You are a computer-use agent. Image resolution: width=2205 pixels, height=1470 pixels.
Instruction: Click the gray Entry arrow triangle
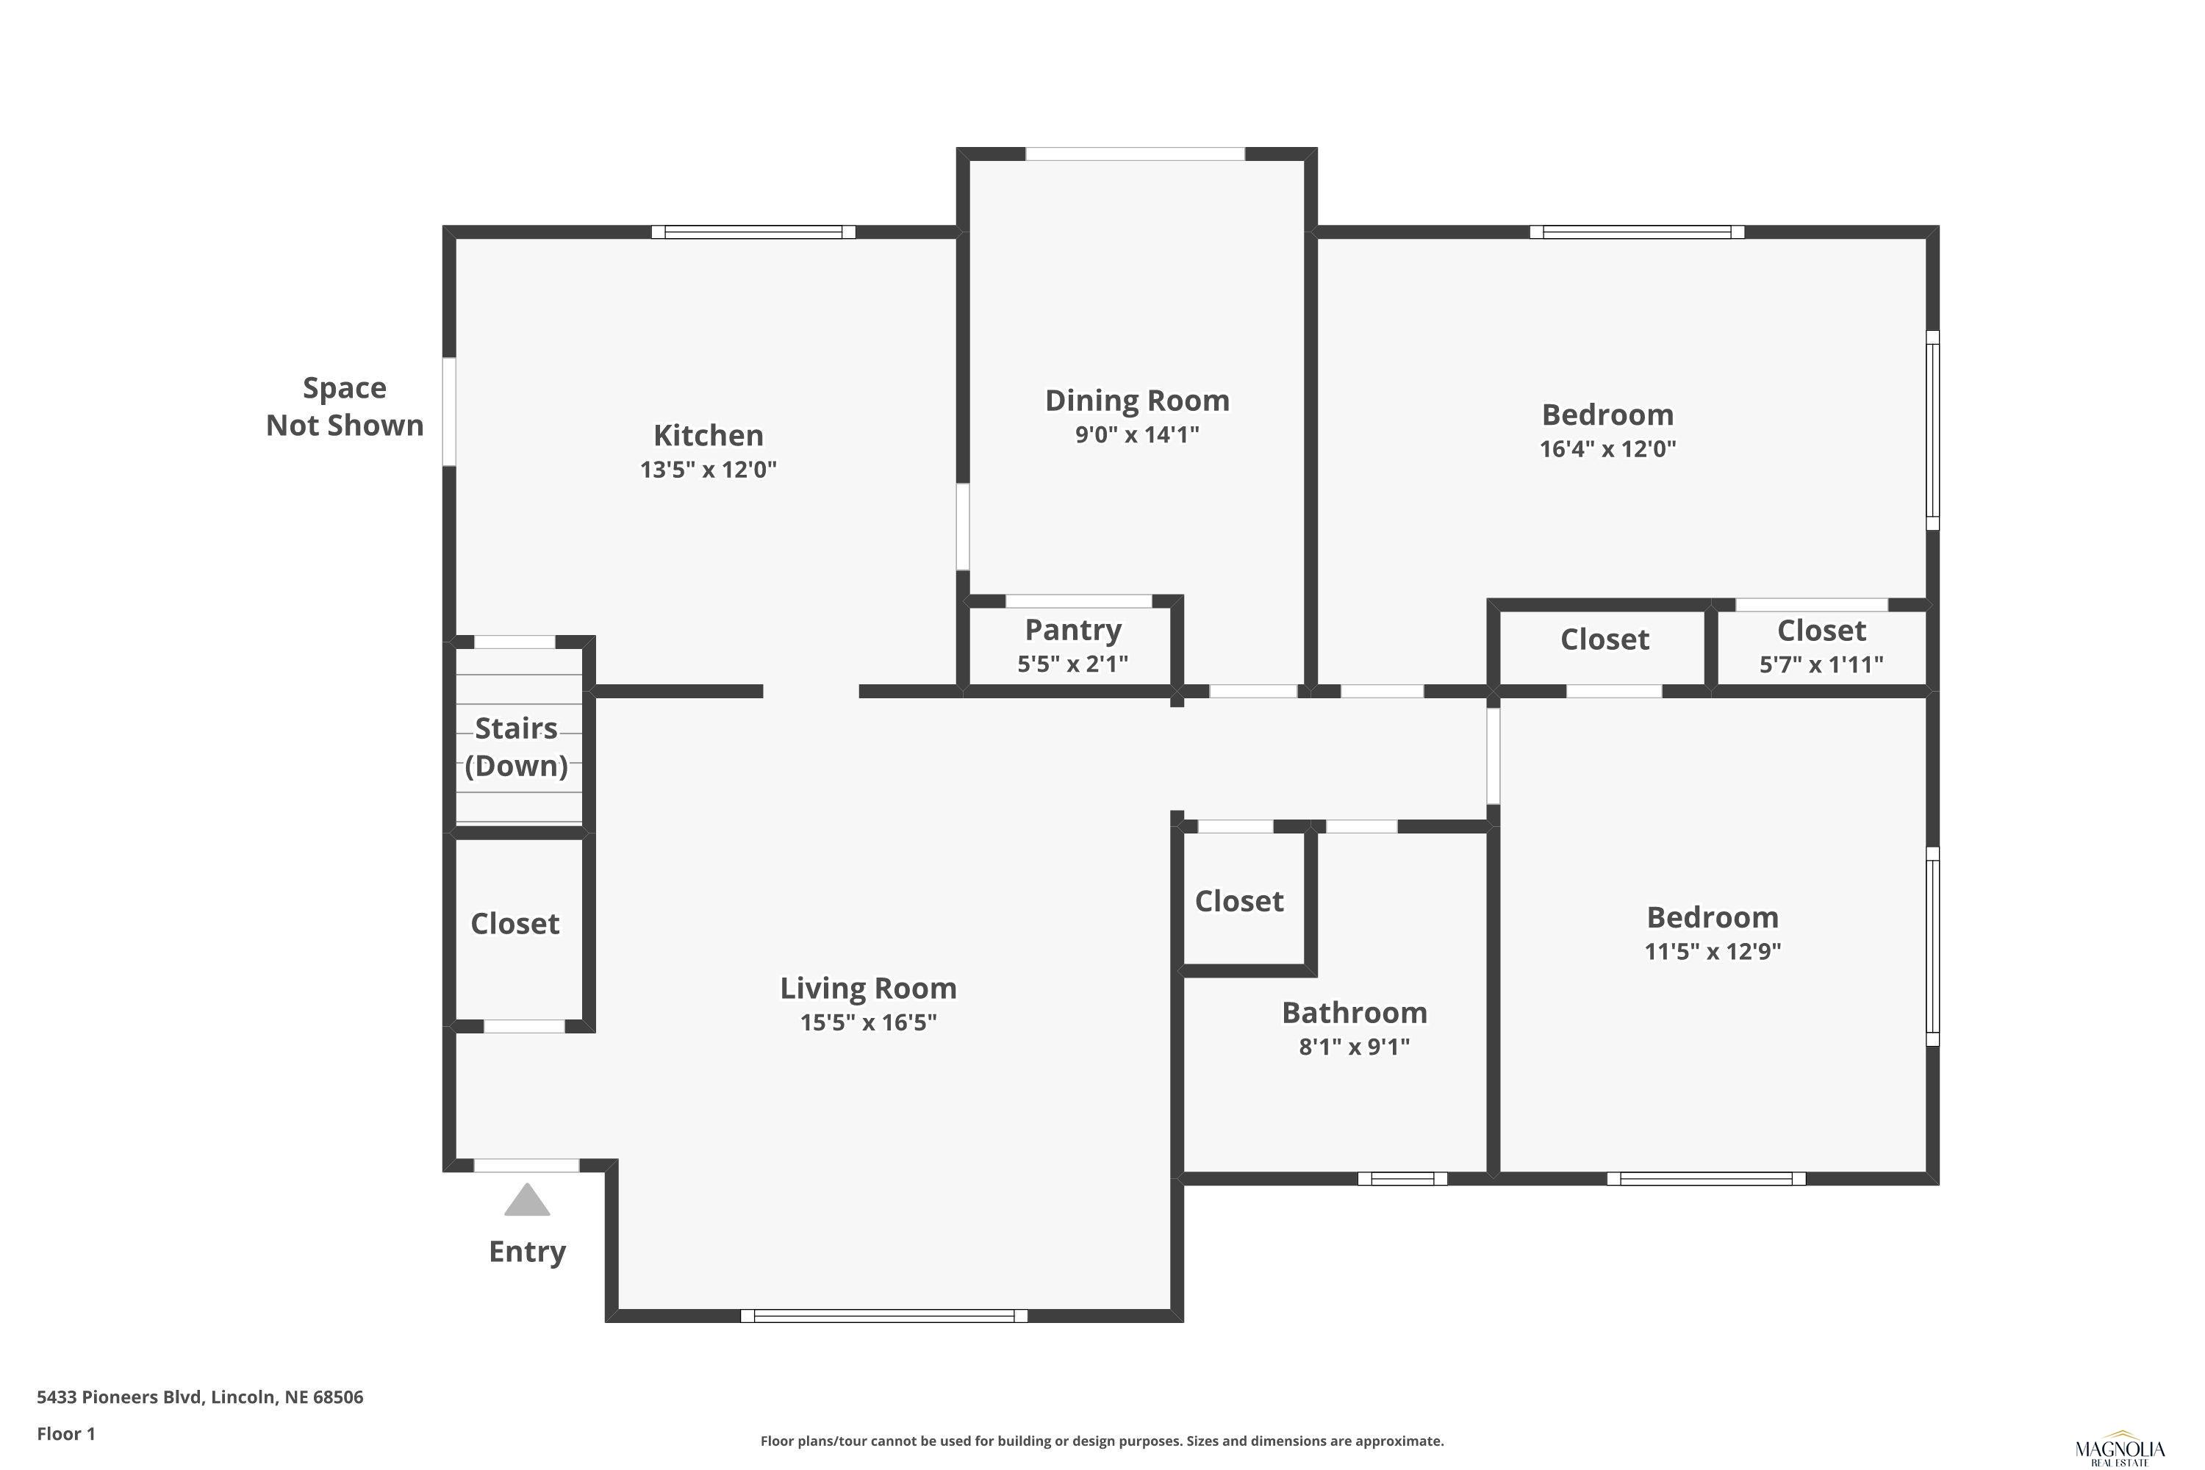(527, 1200)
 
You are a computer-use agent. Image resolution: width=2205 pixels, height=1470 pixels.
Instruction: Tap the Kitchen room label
(708, 435)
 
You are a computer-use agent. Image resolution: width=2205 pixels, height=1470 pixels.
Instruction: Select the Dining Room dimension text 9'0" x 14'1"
(1136, 434)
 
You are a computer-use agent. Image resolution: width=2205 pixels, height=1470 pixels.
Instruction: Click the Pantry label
(1072, 630)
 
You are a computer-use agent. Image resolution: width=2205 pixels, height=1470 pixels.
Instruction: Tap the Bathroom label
(1354, 1013)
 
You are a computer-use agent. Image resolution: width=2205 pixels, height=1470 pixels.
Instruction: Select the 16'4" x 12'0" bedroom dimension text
(1608, 448)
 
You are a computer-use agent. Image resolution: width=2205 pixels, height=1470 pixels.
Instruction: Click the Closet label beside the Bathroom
(1238, 901)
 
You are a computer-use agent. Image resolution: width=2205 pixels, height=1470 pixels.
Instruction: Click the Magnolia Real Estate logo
(2120, 1449)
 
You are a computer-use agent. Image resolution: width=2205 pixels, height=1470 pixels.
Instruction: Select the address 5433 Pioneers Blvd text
(119, 1397)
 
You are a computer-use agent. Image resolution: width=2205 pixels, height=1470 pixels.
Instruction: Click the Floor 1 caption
(65, 1433)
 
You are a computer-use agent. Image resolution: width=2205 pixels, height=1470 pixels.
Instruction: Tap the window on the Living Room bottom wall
(884, 1316)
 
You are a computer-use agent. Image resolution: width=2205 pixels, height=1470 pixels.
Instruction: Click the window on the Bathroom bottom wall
(1402, 1178)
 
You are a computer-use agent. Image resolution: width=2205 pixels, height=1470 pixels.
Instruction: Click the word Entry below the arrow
(527, 1252)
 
